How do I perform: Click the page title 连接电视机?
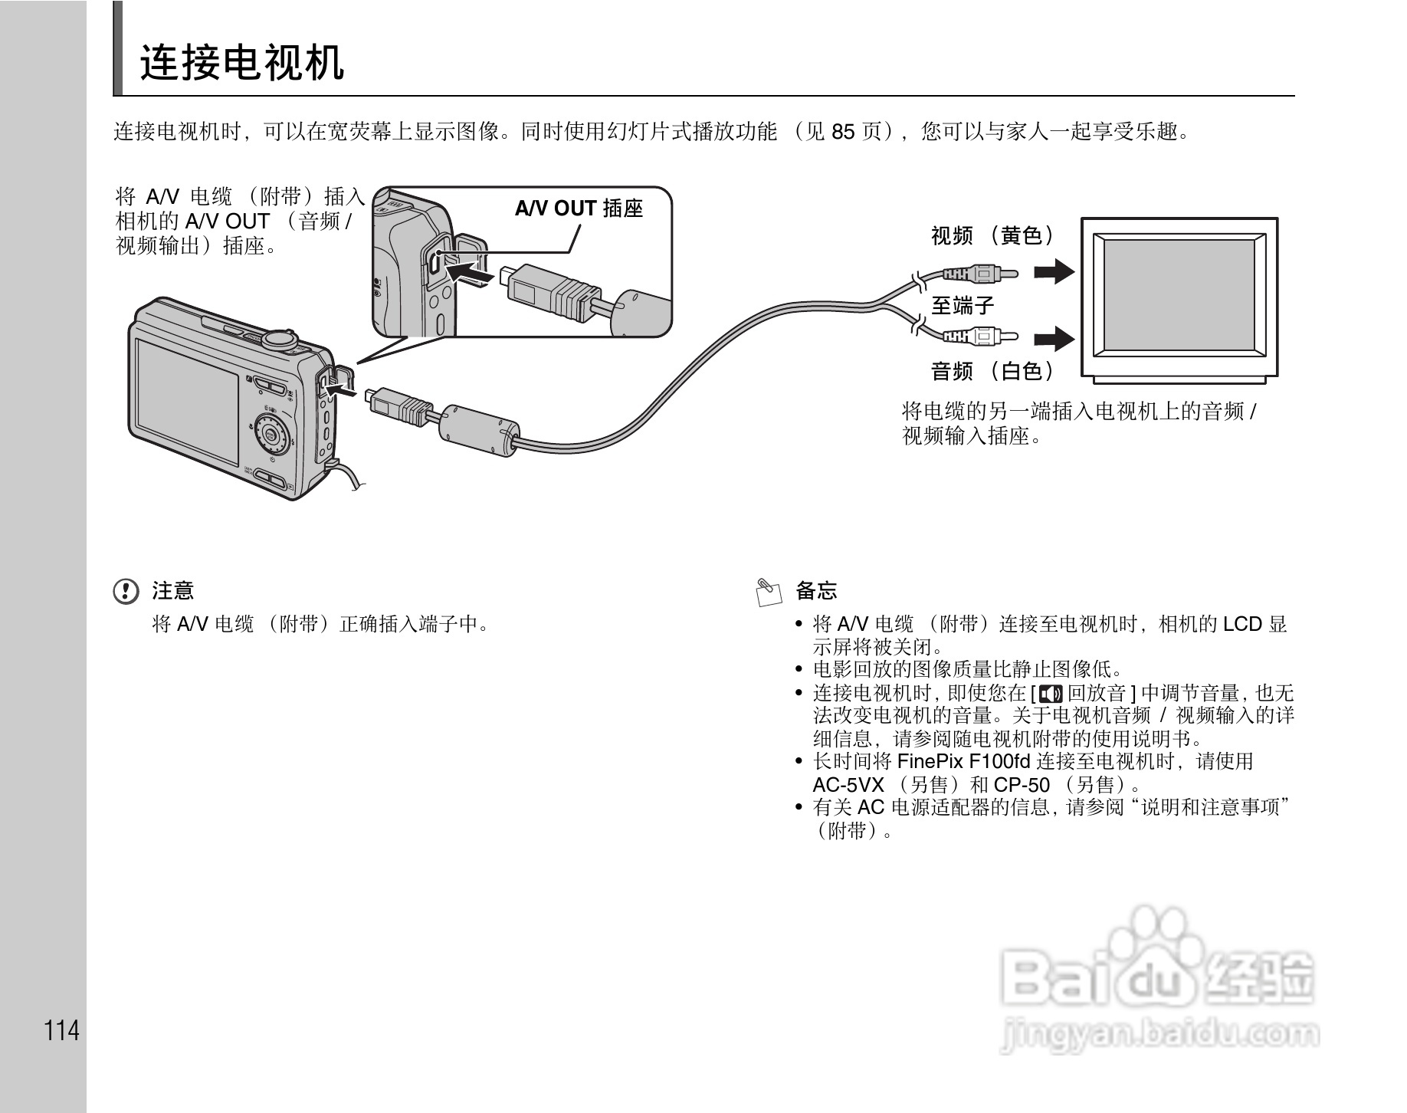241,63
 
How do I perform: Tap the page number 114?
61,1030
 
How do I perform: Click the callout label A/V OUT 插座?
579,208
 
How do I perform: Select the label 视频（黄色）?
992,236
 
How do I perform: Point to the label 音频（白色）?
992,372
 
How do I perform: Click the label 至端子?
963,306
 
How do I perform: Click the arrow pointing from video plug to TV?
1054,271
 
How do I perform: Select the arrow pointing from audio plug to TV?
1054,338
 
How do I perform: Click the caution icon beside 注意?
126,591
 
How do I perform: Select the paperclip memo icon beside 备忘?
769,591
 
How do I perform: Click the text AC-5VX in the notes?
848,785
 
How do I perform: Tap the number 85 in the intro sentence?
843,132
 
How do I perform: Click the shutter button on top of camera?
280,336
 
